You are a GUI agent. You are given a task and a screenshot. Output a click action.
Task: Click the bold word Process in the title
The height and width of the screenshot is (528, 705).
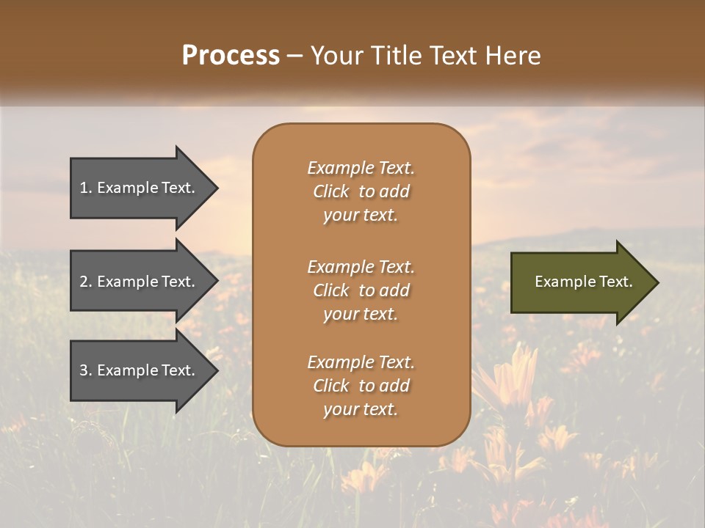tap(231, 55)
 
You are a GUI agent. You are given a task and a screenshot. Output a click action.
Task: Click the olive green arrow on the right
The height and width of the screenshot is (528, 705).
tap(580, 282)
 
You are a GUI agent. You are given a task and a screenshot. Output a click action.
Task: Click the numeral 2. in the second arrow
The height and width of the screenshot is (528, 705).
tap(86, 282)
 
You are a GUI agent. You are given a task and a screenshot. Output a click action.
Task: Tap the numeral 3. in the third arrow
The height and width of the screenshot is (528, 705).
tap(86, 370)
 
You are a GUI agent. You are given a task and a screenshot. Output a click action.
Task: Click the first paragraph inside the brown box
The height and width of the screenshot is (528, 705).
tap(361, 191)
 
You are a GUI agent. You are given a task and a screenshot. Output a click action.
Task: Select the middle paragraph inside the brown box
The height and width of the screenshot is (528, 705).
tap(361, 290)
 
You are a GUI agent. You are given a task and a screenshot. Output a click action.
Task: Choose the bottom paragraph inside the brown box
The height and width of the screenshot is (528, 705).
tap(361, 386)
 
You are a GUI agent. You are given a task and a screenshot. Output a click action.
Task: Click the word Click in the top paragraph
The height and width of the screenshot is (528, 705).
tap(331, 191)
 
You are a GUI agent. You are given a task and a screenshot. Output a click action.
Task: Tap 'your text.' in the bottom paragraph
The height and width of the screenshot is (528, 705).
tap(361, 409)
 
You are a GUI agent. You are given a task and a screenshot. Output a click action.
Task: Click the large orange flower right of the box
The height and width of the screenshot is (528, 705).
tap(514, 374)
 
